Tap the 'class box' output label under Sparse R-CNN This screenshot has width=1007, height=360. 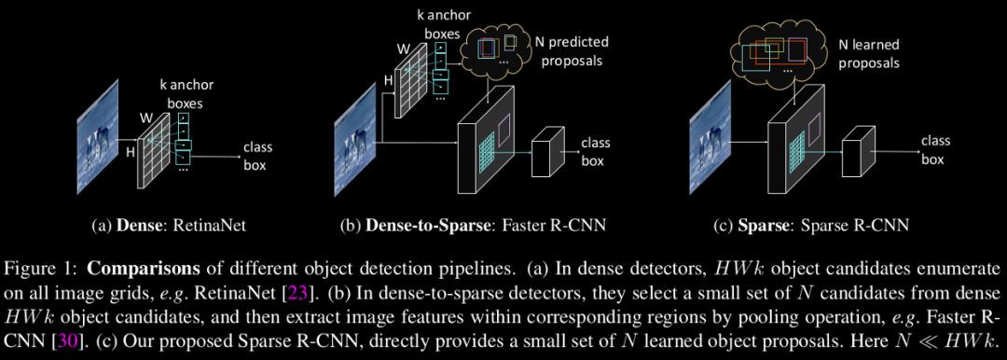(x=935, y=149)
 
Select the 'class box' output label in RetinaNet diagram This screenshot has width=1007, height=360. (x=257, y=156)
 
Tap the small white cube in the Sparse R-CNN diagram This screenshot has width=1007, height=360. (x=855, y=149)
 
